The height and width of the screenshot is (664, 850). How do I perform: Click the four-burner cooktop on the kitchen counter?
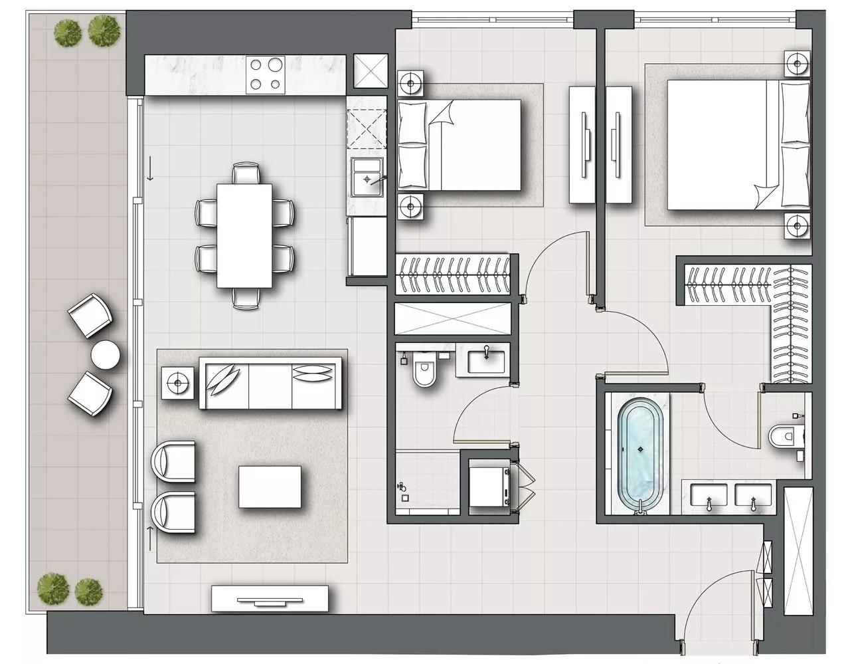click(x=266, y=74)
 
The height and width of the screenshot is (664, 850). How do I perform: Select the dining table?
click(x=244, y=235)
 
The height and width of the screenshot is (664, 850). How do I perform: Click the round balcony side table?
click(x=105, y=354)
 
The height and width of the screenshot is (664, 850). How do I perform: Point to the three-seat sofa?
click(x=271, y=384)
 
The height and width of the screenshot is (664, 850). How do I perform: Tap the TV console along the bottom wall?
click(x=270, y=598)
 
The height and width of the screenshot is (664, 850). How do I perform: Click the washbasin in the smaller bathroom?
click(x=487, y=361)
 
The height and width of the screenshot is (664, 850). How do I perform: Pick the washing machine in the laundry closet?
click(x=489, y=487)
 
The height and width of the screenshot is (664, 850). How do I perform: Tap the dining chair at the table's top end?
click(x=246, y=174)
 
